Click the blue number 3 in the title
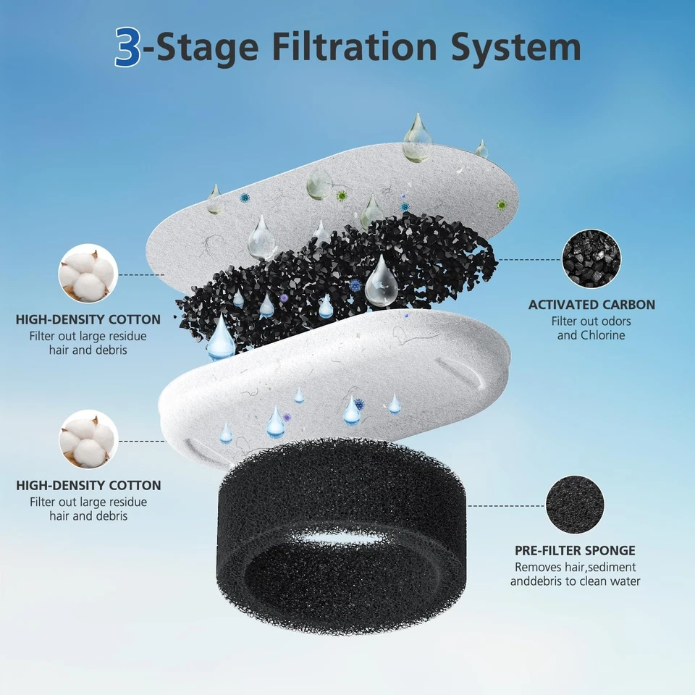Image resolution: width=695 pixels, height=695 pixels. point(128,47)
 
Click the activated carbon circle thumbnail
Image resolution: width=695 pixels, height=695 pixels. point(591,258)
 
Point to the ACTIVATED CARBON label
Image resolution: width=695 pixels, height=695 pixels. point(591,305)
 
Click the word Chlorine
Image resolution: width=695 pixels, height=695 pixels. point(602,335)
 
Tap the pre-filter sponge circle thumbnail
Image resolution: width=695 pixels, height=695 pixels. point(574,505)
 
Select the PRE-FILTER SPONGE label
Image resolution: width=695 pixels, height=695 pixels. point(575,551)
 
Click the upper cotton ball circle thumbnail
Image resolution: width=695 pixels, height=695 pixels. point(88,273)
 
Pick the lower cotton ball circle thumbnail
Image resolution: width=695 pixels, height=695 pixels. point(88,439)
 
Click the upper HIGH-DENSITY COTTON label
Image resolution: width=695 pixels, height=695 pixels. point(88,320)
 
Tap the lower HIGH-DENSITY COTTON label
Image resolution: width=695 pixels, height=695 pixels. point(88,486)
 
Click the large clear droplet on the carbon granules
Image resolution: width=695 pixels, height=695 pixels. point(381,282)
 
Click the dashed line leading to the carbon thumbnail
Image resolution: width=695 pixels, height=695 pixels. point(528,258)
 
